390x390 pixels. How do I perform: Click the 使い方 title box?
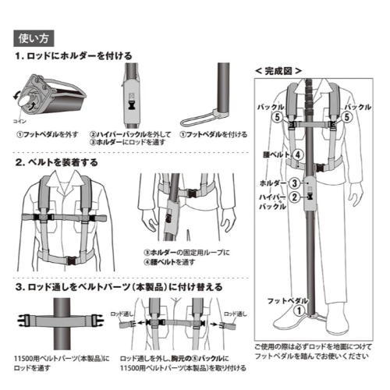tap(33, 37)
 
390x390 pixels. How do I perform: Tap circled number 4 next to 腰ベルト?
tap(297, 154)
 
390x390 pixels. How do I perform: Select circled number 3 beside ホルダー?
tap(294, 183)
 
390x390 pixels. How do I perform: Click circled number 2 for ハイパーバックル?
tap(294, 197)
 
